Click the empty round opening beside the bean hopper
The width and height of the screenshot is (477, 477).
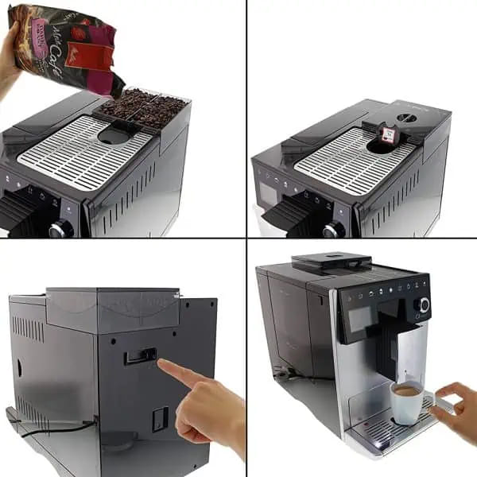[x=113, y=136]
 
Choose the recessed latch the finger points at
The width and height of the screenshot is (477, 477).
[x=140, y=355]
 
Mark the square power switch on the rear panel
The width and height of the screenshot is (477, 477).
[x=161, y=419]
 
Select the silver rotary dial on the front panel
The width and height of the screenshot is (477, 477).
[x=421, y=305]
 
